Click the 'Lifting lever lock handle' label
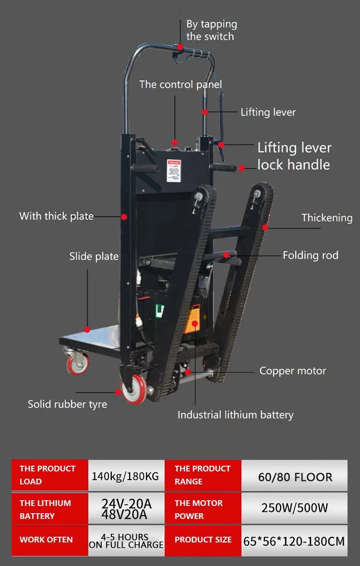[294, 156]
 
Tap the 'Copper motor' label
[292, 371]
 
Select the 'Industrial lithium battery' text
[235, 415]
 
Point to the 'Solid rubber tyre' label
[68, 404]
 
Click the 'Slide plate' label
[94, 256]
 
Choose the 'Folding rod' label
[311, 255]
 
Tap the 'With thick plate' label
[56, 216]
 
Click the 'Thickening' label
[327, 217]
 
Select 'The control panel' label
[180, 84]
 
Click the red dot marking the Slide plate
[87, 329]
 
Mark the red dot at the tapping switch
[180, 48]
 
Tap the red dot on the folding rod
[227, 255]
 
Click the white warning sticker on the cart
[174, 170]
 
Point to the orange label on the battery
[192, 319]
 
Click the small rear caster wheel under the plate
[78, 363]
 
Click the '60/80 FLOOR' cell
[295, 477]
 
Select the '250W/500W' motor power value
[295, 508]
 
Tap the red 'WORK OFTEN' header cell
[50, 540]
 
